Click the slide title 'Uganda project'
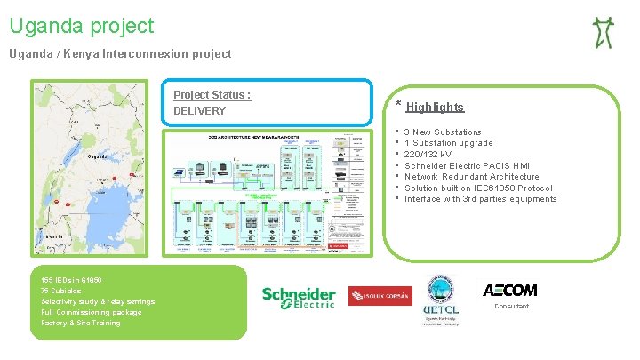82,27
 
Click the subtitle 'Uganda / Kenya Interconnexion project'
120,54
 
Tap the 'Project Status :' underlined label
212,95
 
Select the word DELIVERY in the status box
199,111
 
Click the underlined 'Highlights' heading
435,108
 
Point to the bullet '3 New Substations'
443,132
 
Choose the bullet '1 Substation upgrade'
448,143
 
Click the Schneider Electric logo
298,297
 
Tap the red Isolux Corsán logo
379,296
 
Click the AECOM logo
509,291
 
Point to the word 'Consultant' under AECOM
510,307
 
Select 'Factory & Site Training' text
81,323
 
